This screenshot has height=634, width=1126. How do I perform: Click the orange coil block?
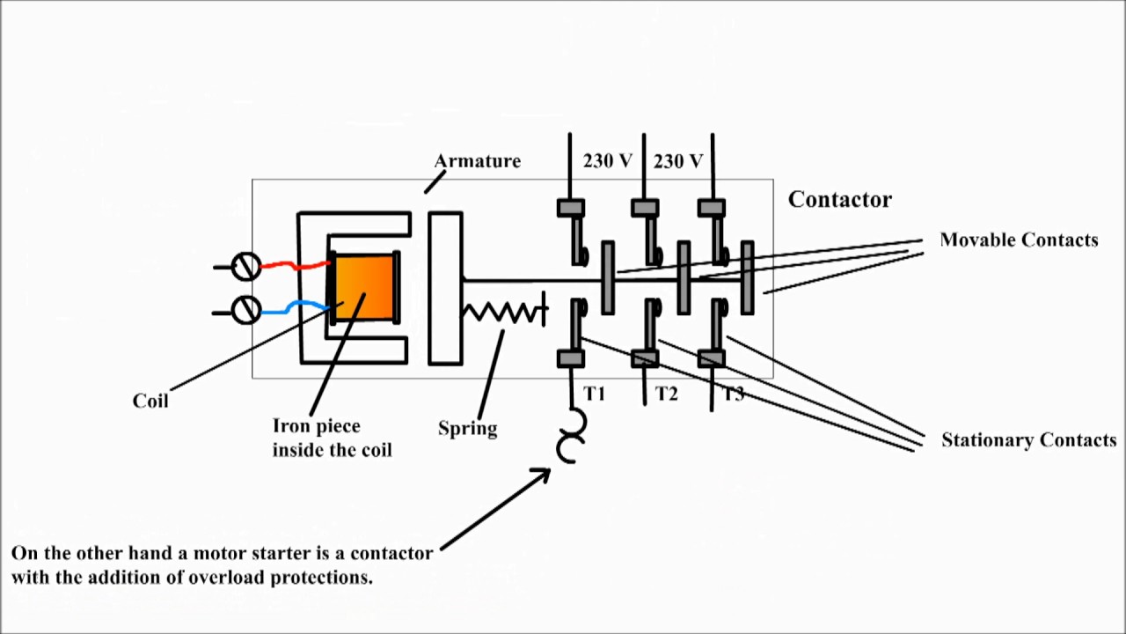[x=363, y=287]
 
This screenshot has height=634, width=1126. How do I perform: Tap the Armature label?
[x=478, y=161]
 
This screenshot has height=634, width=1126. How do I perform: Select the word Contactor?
[x=839, y=200]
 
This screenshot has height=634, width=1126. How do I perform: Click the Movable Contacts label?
[x=1019, y=240]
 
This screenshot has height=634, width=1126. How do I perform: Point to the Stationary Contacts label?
[x=1028, y=439]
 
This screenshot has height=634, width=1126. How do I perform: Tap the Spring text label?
[x=467, y=428]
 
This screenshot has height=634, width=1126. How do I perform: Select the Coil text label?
[x=150, y=401]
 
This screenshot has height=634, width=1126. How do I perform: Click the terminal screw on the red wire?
[x=246, y=266]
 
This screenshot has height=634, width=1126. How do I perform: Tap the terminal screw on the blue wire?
[x=246, y=309]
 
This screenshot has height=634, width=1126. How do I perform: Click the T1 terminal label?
[x=595, y=394]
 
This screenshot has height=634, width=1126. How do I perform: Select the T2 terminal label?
[x=667, y=394]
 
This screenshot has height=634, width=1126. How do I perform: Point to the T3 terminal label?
[x=733, y=394]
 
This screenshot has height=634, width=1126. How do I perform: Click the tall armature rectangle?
[x=445, y=288]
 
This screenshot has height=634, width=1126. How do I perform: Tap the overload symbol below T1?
[x=569, y=437]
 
